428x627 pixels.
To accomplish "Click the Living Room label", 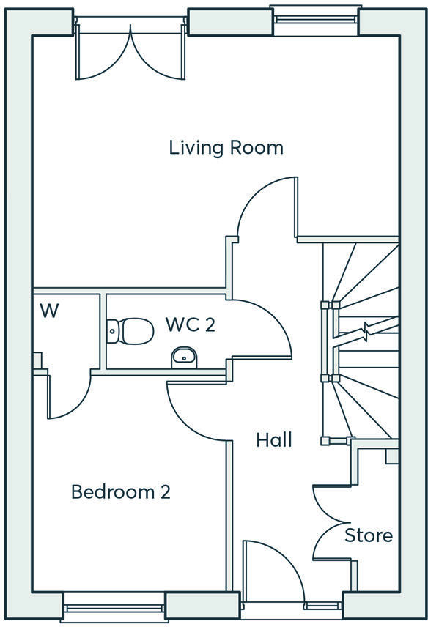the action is tap(226, 147).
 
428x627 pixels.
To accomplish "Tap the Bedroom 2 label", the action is tap(121, 491).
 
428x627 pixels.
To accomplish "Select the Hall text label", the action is tap(274, 440).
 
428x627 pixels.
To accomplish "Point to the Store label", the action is tap(369, 535).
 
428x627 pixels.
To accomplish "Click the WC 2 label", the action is tap(191, 324).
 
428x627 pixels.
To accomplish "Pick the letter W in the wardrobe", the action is tap(49, 311).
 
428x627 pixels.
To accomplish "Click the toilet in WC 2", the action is tap(130, 331).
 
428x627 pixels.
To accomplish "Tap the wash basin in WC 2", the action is tap(184, 357).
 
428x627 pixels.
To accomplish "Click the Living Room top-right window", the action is tap(316, 19).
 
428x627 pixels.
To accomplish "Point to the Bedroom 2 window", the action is tap(114, 608).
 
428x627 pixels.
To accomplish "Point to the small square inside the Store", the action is tap(392, 456).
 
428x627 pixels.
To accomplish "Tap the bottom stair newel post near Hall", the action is tap(325, 441).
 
